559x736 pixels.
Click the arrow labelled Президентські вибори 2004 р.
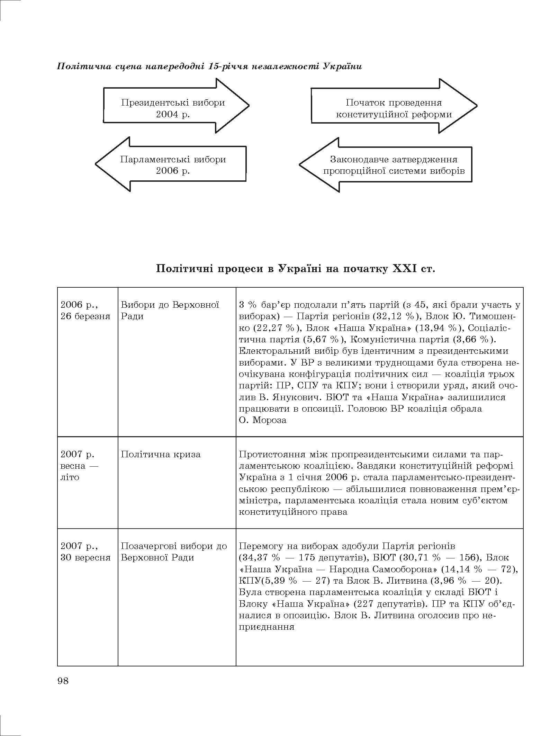(173, 108)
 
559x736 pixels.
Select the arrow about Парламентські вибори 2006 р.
(173, 165)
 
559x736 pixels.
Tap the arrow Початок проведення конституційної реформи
(394, 108)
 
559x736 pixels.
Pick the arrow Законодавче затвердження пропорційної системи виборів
(394, 165)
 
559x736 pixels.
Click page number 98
(63, 681)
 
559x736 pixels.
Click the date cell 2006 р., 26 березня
(85, 310)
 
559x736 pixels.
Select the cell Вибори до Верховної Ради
(170, 310)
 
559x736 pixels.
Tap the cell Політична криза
(161, 454)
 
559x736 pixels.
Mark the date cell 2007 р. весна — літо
(79, 466)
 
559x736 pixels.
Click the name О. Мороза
(263, 420)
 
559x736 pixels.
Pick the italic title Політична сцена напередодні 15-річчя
(209, 66)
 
